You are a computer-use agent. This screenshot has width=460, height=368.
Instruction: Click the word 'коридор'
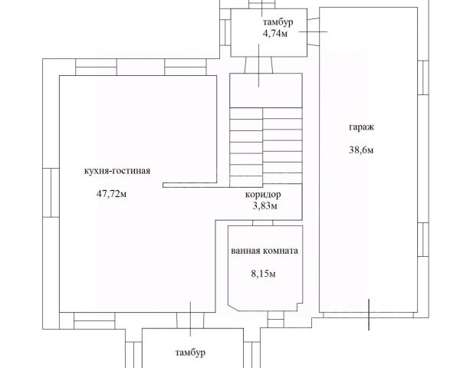pos(263,194)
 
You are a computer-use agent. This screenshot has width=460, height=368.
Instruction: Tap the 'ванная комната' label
pos(264,251)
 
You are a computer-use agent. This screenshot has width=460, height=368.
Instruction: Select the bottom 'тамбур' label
pos(188,352)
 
